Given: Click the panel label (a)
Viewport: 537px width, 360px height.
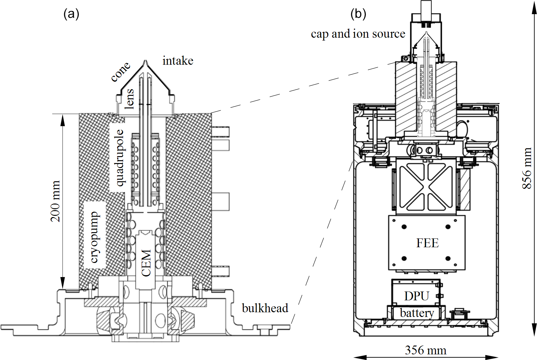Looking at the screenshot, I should click(x=71, y=14).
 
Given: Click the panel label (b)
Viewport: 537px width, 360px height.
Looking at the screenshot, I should click(x=358, y=14).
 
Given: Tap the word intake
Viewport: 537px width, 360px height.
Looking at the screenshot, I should click(x=178, y=61).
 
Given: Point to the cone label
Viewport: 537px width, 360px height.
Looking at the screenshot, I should click(x=121, y=72).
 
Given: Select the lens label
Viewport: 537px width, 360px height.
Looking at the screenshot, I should click(x=129, y=99).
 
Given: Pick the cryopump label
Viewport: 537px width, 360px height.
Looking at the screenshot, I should click(x=95, y=237).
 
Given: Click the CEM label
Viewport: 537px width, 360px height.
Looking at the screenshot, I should click(x=146, y=263).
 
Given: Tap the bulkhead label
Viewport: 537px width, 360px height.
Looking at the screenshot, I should click(x=265, y=308).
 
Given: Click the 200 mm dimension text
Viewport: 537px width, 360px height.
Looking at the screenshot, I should click(x=56, y=201).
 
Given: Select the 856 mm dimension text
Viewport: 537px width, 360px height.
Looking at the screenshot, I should click(x=527, y=168).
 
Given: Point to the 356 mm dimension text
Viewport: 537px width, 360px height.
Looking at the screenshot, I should click(x=426, y=350).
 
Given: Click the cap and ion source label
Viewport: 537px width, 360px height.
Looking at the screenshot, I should click(x=358, y=34).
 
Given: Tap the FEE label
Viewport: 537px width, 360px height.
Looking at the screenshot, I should click(x=427, y=243).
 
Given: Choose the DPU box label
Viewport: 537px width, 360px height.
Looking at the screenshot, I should click(x=416, y=296).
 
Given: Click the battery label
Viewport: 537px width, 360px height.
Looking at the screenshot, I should click(x=417, y=313).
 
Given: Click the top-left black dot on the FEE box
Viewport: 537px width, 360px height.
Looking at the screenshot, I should click(x=404, y=226).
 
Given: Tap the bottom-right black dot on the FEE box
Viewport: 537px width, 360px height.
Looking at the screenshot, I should click(x=448, y=259).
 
